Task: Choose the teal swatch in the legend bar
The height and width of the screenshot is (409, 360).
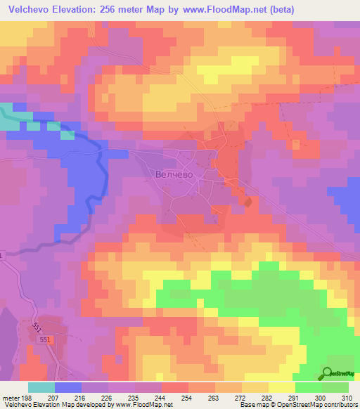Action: point(41,387)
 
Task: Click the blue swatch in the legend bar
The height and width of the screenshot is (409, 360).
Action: point(67,387)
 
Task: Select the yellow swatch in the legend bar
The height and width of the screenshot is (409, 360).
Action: point(281,387)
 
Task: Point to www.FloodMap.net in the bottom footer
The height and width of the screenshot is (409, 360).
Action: point(141,405)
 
